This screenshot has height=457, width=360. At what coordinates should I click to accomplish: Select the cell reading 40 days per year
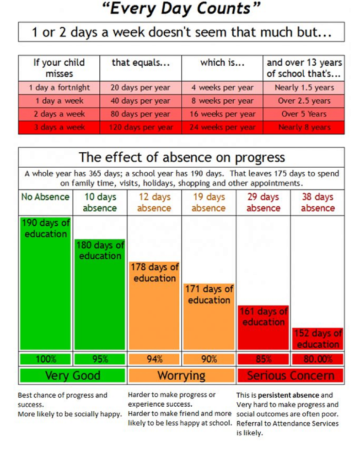click(140, 101)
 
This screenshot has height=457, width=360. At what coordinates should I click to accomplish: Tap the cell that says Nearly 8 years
click(304, 128)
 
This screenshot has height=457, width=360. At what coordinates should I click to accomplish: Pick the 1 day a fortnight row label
click(59, 87)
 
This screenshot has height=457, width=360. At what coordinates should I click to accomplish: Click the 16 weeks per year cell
click(222, 114)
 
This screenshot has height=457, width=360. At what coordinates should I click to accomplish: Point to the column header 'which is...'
click(222, 63)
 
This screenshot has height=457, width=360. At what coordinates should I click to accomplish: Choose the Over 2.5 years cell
click(304, 101)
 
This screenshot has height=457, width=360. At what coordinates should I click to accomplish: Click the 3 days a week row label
click(59, 128)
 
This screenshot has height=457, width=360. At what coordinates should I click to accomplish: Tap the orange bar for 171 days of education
click(209, 320)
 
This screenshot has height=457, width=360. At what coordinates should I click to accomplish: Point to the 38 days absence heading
click(317, 202)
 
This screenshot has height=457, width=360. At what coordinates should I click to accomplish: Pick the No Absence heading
click(45, 197)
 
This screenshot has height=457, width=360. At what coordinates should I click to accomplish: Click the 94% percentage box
click(155, 359)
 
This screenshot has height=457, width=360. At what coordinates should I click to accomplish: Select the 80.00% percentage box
click(317, 359)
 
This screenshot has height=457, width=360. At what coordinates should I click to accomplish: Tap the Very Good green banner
click(72, 376)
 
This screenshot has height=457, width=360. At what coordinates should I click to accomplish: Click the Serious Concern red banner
click(290, 376)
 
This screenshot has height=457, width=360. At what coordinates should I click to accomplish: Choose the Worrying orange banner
click(181, 376)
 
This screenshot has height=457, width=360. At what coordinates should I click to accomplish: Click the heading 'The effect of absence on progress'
click(181, 158)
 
